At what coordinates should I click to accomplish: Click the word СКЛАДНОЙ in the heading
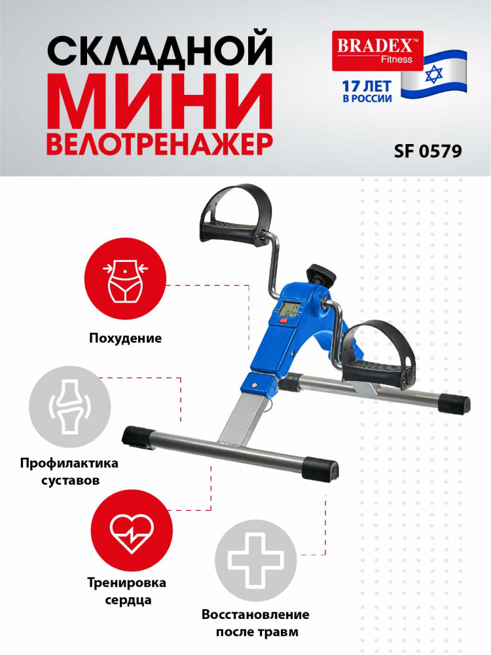click(160, 50)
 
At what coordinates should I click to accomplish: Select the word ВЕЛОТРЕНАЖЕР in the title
click(160, 143)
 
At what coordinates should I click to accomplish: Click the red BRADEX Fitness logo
click(378, 50)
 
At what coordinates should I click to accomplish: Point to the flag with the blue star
click(434, 75)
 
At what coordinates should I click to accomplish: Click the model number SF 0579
click(428, 151)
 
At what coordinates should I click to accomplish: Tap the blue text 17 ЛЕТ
click(367, 86)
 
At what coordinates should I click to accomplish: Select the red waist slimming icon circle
click(125, 278)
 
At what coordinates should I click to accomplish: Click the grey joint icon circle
click(70, 407)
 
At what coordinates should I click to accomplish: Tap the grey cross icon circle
click(255, 561)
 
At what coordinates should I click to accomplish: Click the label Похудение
click(125, 338)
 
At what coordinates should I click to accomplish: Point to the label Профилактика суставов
click(69, 472)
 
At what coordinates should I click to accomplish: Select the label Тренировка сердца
click(126, 591)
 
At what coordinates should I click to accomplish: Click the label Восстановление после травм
click(255, 623)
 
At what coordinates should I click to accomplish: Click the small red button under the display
click(284, 321)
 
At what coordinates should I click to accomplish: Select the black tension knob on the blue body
click(321, 275)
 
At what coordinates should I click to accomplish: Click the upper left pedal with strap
click(231, 214)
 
